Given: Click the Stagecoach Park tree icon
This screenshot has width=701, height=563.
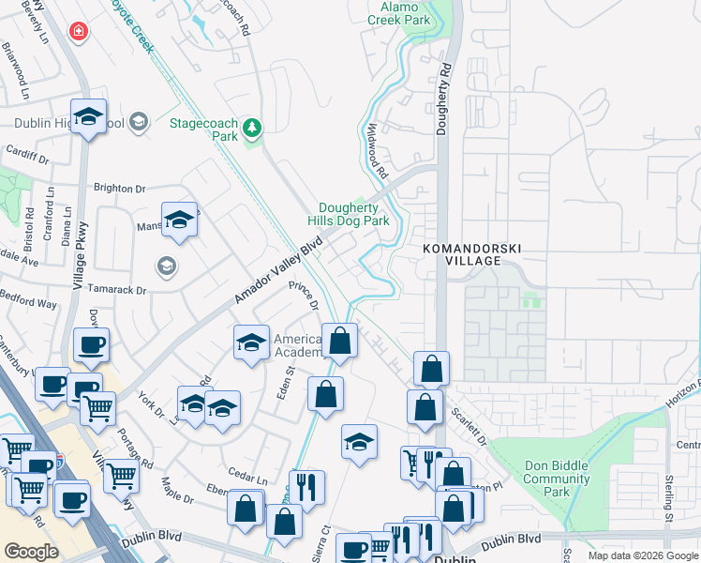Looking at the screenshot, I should pyautogui.click(x=251, y=127).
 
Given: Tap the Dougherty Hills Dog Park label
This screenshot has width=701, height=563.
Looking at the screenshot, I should pyautogui.click(x=354, y=214).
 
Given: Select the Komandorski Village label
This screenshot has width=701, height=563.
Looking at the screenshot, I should pyautogui.click(x=470, y=253).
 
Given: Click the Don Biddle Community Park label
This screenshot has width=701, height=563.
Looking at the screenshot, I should pyautogui.click(x=556, y=479).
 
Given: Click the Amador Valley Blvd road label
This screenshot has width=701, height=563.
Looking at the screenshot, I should pyautogui.click(x=277, y=270).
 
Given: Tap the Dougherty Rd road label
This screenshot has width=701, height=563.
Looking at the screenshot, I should pyautogui.click(x=445, y=99).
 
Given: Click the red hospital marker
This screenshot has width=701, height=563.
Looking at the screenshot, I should pyautogui.click(x=79, y=31).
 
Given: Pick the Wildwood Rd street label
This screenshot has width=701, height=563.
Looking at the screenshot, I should pyautogui.click(x=378, y=151).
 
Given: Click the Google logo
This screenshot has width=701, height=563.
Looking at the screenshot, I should pyautogui.click(x=32, y=551).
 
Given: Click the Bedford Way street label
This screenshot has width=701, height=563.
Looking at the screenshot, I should pyautogui.click(x=28, y=304).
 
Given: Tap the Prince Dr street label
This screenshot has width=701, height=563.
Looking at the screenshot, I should pyautogui.click(x=306, y=297).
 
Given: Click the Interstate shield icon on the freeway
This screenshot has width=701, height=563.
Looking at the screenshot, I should pyautogui.click(x=60, y=462).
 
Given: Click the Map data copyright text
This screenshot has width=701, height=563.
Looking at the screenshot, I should pyautogui.click(x=643, y=555).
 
